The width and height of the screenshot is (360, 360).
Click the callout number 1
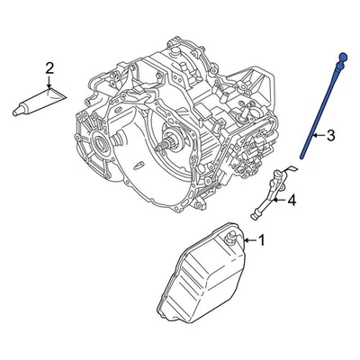tap(262, 240)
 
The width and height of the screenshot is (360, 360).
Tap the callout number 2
tap(49, 67)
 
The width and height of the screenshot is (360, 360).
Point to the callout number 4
tap(292, 201)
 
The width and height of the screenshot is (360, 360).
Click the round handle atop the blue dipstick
tap(343, 58)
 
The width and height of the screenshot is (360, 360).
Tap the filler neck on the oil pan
tap(232, 238)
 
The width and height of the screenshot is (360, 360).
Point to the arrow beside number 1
tap(249, 240)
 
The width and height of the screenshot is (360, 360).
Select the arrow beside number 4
tap(280, 201)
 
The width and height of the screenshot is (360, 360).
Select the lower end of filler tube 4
tap(255, 215)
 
